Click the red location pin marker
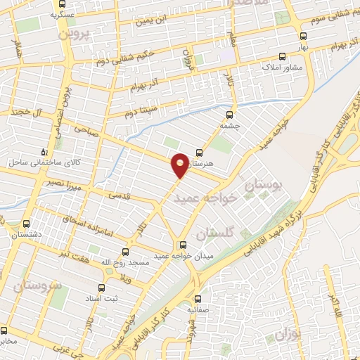(181, 165)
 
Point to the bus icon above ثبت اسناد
(101, 288)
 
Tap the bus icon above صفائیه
(198, 297)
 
